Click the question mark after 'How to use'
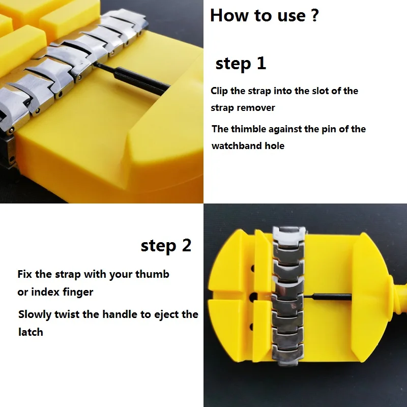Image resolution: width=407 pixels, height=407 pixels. click(x=314, y=15)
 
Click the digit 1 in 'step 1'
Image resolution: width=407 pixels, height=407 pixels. click(x=261, y=63)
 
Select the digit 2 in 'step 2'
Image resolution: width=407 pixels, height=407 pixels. click(x=187, y=245)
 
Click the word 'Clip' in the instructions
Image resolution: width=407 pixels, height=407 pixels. click(x=219, y=91)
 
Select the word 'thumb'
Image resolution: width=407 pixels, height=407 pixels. click(x=152, y=274)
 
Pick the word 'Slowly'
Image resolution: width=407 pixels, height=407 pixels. click(x=35, y=314)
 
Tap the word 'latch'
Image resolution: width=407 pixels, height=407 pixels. click(x=31, y=332)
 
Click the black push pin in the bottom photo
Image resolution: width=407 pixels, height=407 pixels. click(x=328, y=297)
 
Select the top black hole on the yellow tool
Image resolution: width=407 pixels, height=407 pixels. click(x=252, y=269)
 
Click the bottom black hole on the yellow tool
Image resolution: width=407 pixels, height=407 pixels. click(x=252, y=327)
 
